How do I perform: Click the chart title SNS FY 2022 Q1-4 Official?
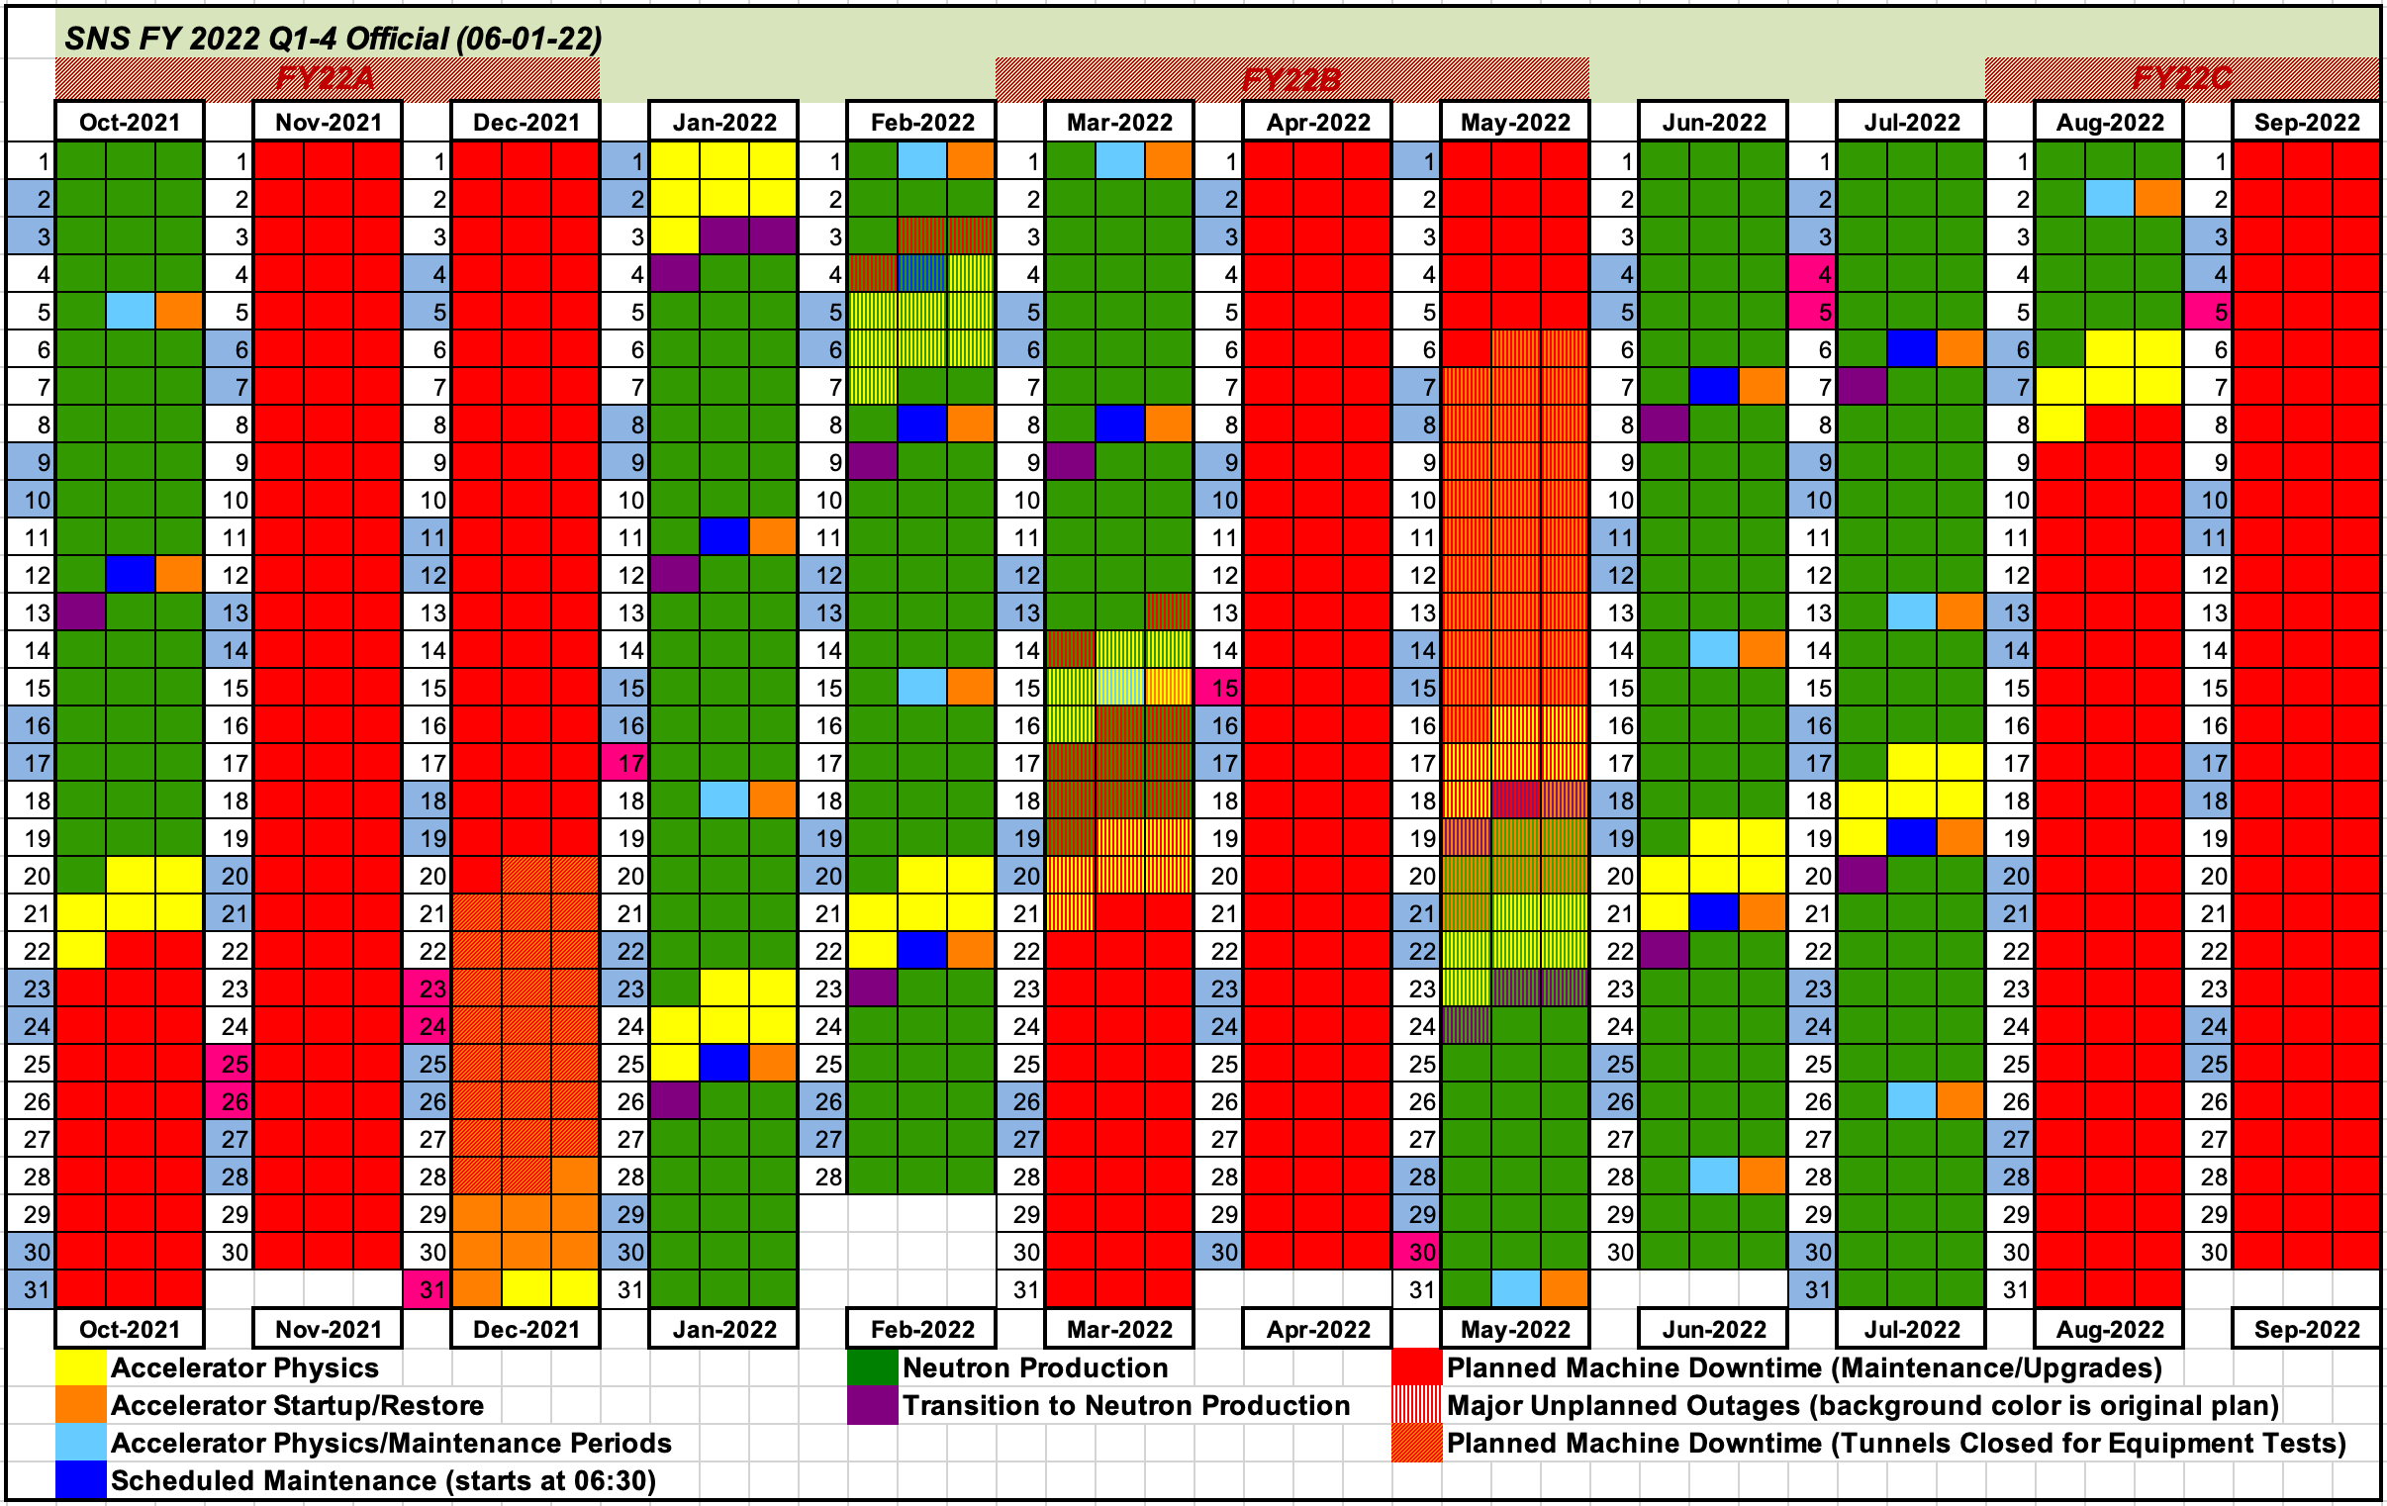pos(334,39)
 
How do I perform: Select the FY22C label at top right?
pos(2182,78)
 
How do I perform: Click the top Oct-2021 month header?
pos(130,122)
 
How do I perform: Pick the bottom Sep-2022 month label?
pos(2306,1329)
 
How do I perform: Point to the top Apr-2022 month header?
pos(1317,122)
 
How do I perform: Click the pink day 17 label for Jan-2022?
pos(626,764)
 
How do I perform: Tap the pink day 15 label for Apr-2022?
pos(1221,688)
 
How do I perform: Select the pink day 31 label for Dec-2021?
pos(429,1290)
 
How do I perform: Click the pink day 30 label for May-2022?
pos(1418,1252)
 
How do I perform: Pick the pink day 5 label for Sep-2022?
pos(2211,313)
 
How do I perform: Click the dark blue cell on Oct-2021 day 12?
pos(130,575)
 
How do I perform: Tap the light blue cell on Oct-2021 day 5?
pos(130,313)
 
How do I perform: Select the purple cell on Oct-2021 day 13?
pos(81,612)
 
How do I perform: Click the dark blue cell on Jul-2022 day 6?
pos(1912,349)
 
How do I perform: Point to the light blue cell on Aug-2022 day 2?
pos(2110,199)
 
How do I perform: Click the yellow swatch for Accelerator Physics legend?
pos(81,1368)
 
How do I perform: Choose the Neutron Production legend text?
pos(1035,1368)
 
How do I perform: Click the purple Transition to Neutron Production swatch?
pos(872,1405)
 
